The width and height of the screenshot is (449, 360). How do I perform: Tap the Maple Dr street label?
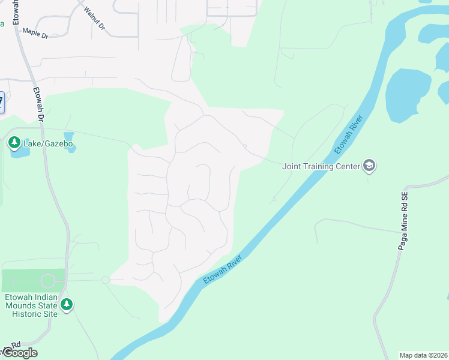click(x=35, y=33)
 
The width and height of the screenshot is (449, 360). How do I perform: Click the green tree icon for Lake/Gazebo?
click(x=14, y=143)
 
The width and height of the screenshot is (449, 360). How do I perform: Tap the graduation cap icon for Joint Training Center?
click(x=369, y=166)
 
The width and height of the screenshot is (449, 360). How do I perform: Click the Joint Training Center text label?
click(x=321, y=166)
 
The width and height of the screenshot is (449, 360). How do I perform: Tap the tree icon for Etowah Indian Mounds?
click(x=67, y=305)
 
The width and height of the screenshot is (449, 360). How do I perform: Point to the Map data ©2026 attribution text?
click(x=423, y=355)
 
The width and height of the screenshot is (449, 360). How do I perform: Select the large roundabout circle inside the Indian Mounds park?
click(x=48, y=280)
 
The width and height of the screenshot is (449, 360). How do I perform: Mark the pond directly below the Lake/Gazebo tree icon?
click(x=20, y=152)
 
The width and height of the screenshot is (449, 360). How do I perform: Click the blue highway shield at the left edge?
click(x=1, y=101)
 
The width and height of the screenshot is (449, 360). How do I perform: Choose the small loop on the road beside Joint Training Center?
click(x=244, y=146)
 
